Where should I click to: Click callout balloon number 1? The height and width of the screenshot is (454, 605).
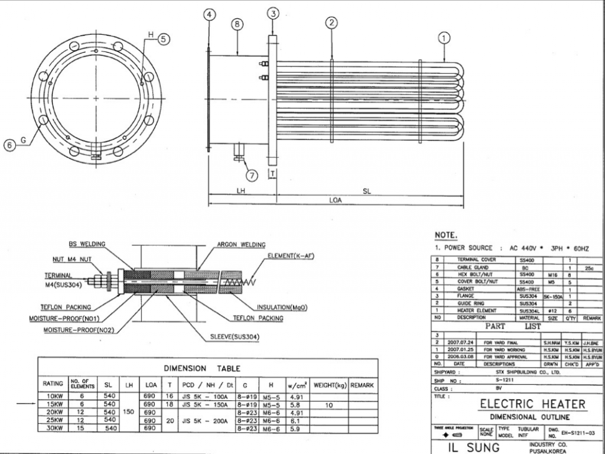click(443, 38)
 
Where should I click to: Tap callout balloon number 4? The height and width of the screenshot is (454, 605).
click(210, 14)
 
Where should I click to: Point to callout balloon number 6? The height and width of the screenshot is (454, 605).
click(10, 145)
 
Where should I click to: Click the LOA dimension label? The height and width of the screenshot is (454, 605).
click(335, 200)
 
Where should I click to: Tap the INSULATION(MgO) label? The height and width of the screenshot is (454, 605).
click(282, 307)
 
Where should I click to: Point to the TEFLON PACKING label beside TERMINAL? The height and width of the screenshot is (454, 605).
click(66, 307)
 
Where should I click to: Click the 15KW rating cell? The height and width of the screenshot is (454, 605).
click(53, 404)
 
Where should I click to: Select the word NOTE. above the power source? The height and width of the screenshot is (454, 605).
click(446, 235)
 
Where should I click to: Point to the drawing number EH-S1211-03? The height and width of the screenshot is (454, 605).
click(577, 433)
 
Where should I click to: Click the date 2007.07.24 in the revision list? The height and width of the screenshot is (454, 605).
click(460, 342)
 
